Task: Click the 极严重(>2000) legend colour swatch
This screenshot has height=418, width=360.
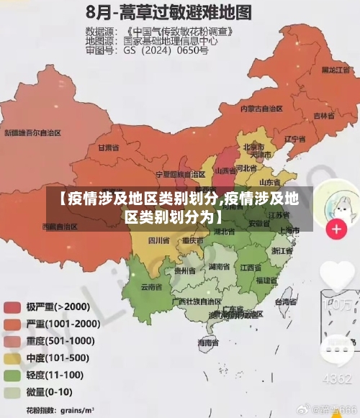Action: tap(12, 306)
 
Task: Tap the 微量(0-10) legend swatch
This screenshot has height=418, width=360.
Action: tap(12, 394)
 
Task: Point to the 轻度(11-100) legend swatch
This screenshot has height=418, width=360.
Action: tap(12, 376)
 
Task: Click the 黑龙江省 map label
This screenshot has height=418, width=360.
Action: tap(335, 70)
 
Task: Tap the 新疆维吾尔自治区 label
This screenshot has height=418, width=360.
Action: tap(32, 133)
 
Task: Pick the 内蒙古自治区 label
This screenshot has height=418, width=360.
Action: tap(262, 109)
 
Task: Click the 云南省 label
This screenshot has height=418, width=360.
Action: tap(151, 286)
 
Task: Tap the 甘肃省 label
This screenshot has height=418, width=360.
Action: tap(107, 147)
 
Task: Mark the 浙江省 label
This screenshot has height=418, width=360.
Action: tap(282, 251)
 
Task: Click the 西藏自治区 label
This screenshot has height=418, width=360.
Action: tap(60, 226)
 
